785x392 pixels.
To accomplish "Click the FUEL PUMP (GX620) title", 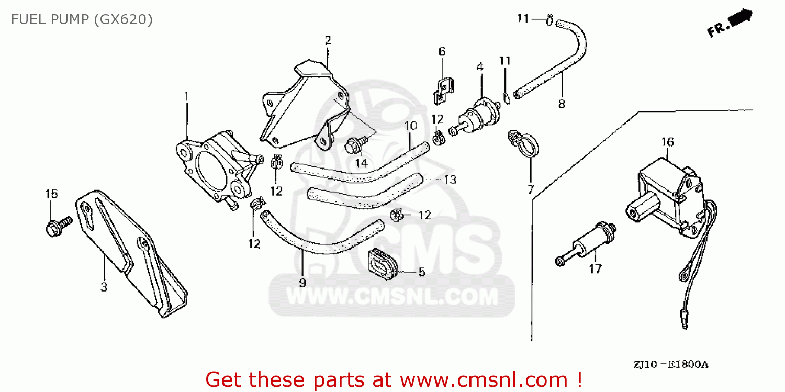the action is click(82, 19).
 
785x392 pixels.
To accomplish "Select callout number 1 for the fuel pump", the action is click(186, 96).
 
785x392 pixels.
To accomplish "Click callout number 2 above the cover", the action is click(328, 41).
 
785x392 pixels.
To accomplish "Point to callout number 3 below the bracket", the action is click(104, 287).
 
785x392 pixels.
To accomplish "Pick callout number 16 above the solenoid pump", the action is click(668, 142).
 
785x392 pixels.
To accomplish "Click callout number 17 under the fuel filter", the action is click(595, 269).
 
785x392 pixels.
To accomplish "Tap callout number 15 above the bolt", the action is click(51, 194).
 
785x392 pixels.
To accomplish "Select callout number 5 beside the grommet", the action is click(422, 272).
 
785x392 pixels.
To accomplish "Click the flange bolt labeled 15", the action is click(59, 226).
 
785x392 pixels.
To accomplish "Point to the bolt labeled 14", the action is click(355, 144).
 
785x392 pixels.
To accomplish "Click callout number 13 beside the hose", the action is click(450, 180).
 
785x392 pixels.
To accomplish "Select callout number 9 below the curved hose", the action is click(302, 283).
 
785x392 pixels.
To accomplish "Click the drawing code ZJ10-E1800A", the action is click(671, 365).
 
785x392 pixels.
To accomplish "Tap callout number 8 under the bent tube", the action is click(562, 104).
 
